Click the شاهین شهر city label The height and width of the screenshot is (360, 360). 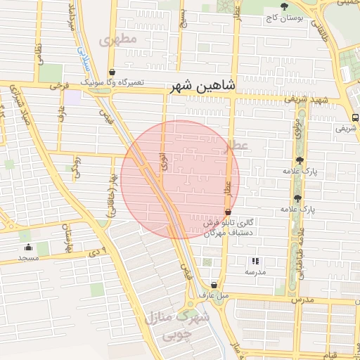(x=203, y=86)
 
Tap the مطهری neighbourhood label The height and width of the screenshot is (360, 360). (x=117, y=39)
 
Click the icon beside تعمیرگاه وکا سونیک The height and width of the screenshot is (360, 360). (x=112, y=72)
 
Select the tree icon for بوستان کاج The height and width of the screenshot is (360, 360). (x=284, y=6)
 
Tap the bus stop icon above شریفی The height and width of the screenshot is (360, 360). (x=354, y=117)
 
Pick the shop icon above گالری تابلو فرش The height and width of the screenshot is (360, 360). (x=227, y=211)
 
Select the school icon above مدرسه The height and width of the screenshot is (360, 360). (x=255, y=260)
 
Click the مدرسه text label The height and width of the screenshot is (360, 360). (x=255, y=271)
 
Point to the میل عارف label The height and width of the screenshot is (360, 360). (x=214, y=295)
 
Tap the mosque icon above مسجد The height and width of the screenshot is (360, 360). (x=28, y=247)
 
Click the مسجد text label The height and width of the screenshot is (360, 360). (x=28, y=258)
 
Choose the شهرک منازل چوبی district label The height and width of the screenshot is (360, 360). (x=177, y=326)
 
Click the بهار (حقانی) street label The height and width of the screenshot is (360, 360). (x=112, y=200)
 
